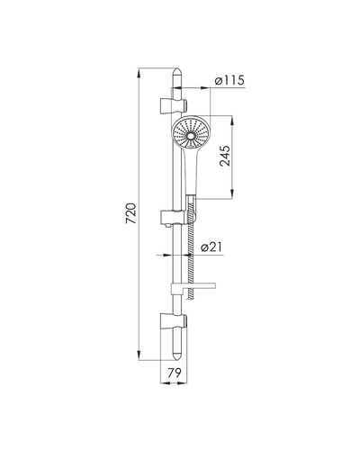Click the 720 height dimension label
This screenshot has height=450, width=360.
131,213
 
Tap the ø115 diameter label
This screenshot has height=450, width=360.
229,80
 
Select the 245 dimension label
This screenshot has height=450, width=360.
225,156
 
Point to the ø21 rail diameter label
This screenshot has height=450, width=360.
212,247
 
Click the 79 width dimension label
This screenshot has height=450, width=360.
175,373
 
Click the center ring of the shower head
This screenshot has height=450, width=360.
191,136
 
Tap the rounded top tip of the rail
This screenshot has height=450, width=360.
177,71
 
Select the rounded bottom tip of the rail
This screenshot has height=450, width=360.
177,356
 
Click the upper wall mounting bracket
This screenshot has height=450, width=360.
174,105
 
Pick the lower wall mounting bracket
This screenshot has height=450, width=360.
174,322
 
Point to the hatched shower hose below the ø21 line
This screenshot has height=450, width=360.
189,276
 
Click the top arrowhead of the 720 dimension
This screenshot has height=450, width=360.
139,73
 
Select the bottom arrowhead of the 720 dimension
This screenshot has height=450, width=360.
139,355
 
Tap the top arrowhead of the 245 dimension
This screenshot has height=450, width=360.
232,121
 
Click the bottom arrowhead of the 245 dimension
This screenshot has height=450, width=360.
232,193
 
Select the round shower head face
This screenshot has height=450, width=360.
191,132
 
